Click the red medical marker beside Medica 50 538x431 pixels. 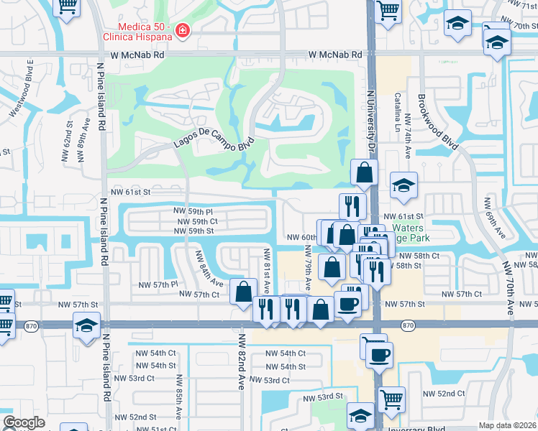182,31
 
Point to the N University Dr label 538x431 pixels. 372,134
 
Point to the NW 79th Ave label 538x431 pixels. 307,267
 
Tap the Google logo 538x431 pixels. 24,422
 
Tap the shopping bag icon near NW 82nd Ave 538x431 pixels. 243,291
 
